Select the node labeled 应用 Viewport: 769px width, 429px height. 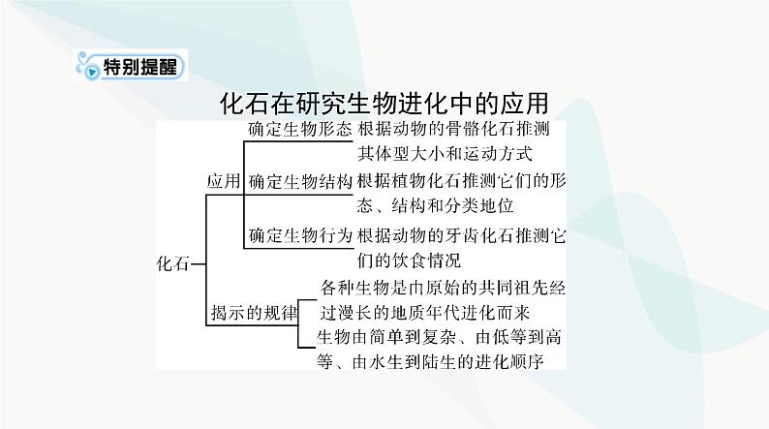[x=224, y=181]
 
